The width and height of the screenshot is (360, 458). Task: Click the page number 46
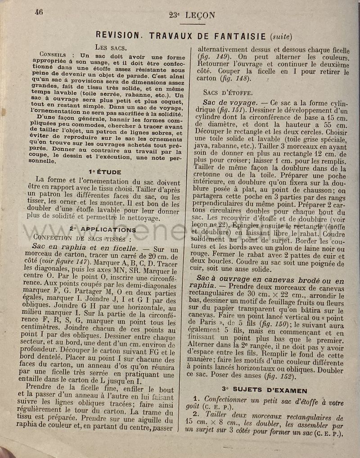tap(39, 13)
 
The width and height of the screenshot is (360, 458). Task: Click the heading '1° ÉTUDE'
tap(105, 172)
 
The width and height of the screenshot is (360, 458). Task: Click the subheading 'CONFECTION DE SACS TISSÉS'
tap(82, 238)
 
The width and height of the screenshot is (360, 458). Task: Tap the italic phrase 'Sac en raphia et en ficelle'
tap(85, 248)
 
